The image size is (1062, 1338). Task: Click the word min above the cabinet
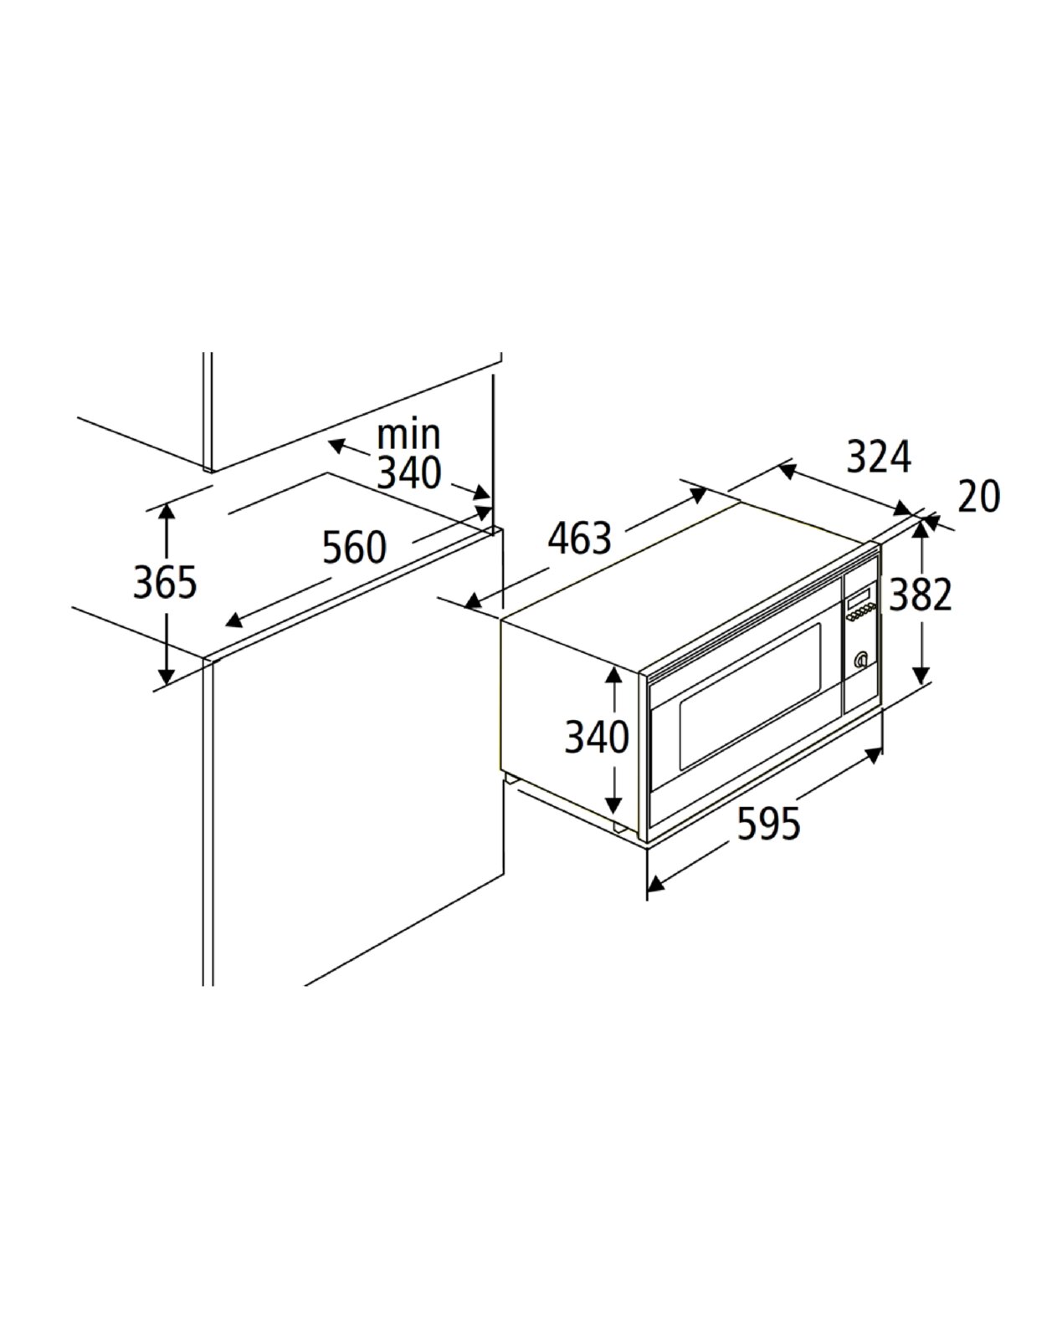408,435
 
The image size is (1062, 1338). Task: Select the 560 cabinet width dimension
354,548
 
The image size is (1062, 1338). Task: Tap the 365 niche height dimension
165,583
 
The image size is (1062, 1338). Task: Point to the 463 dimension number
580,538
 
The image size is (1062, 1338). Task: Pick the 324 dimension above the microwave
879,457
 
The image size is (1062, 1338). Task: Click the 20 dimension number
978,496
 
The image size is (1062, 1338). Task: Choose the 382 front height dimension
921,595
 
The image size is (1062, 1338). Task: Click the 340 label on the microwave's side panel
597,738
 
